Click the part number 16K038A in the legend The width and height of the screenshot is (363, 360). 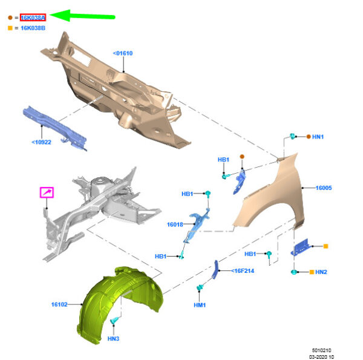[33, 18]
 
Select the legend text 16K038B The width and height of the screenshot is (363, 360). [33, 28]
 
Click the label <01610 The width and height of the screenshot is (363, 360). [122, 53]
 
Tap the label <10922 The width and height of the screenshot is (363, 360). [41, 143]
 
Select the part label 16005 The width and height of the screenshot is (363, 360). [324, 188]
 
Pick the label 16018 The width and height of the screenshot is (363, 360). [175, 224]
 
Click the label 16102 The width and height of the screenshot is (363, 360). [59, 304]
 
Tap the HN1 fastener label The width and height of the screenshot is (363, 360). [318, 137]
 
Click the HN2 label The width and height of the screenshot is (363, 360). [321, 272]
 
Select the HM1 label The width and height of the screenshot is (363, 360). [200, 305]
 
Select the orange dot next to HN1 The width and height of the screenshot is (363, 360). [309, 137]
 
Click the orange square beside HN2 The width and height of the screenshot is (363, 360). [312, 272]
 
